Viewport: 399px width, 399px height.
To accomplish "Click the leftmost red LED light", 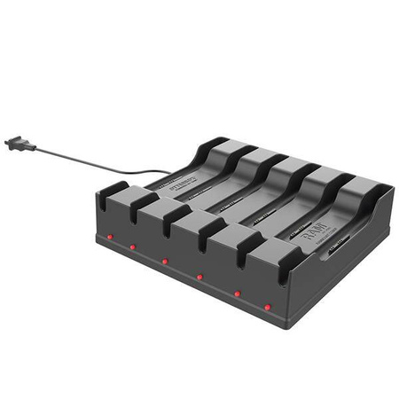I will [x=108, y=239].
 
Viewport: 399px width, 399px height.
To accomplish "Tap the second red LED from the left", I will [x=133, y=247].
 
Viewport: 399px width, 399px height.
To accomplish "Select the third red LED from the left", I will [x=165, y=261].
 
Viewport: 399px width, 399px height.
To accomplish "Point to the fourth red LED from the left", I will [x=199, y=277].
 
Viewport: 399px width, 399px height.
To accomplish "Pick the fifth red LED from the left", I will [x=237, y=293].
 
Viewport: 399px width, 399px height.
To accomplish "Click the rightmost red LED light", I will [x=267, y=307].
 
